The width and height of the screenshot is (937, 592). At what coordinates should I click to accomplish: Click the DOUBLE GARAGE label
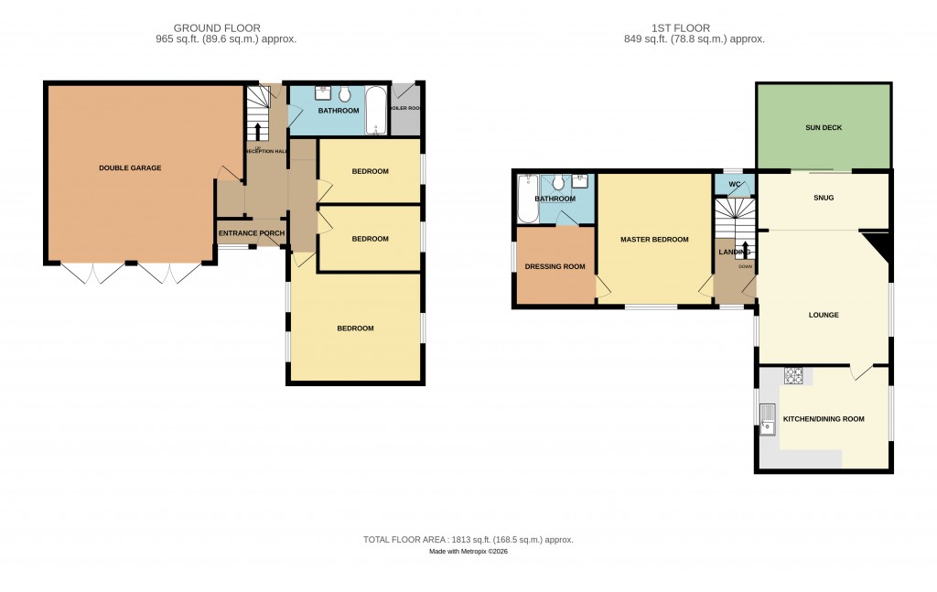(130, 168)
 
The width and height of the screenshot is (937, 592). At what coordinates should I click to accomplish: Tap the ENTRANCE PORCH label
(252, 233)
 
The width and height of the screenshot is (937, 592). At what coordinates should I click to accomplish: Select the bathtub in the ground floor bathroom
(376, 111)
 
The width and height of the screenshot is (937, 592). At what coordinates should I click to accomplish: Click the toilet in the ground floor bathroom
(345, 94)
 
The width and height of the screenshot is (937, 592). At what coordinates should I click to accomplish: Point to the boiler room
(405, 111)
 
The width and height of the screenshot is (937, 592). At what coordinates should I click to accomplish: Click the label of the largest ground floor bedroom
(355, 328)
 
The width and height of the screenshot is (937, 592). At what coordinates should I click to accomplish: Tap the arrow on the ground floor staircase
(257, 130)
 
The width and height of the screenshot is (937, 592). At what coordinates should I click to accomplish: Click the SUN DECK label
(823, 127)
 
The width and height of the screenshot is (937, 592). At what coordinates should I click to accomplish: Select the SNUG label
(823, 198)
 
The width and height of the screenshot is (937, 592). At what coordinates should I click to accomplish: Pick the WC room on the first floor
(734, 185)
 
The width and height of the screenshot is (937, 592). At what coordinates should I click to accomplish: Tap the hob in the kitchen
(792, 375)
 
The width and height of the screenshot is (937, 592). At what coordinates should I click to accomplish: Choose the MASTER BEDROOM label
(653, 240)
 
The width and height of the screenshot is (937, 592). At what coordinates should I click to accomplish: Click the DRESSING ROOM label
(555, 267)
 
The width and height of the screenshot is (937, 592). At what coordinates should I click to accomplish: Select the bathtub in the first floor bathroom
(526, 199)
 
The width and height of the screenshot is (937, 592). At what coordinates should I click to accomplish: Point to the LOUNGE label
(823, 315)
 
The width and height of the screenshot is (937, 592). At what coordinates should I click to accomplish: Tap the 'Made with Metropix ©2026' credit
(468, 552)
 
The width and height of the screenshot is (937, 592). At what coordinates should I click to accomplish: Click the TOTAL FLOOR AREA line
(468, 540)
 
